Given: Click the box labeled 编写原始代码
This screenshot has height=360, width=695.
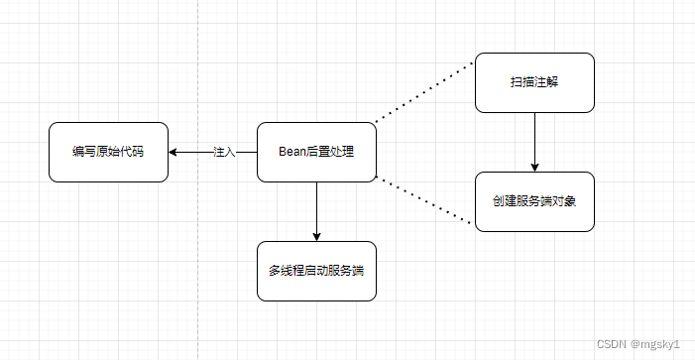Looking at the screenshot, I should pos(108,152).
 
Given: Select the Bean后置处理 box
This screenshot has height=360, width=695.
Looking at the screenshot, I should pos(316,152).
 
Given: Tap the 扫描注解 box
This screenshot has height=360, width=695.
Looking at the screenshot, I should pos(534,82).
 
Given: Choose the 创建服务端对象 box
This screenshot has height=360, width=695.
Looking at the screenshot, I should pos(534,201).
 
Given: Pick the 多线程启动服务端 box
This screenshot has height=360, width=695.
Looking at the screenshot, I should pos(316,271).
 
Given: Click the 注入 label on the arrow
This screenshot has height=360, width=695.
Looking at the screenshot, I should pos(224,152).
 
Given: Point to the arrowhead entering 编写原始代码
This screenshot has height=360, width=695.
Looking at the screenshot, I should pos(174,152).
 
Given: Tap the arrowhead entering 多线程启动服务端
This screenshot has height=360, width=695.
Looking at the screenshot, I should pos(316,236).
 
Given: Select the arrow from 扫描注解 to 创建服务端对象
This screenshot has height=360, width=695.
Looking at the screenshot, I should pos(535,139).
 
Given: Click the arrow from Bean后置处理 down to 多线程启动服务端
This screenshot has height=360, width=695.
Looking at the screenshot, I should pos(316,208).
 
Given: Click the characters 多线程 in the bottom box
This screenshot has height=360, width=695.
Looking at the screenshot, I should pos(286,271).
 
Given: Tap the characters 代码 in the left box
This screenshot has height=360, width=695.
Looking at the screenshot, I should pos(132,152).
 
